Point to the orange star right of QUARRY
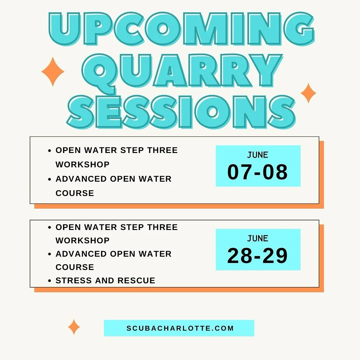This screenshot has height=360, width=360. (x=308, y=93)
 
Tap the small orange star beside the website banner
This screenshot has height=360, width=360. (x=74, y=327)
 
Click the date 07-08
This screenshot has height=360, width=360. (x=258, y=172)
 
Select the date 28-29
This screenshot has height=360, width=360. (x=258, y=256)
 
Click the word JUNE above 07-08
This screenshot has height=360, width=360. (x=258, y=155)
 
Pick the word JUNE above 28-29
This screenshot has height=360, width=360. (x=258, y=238)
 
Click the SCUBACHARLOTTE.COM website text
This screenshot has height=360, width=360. (x=180, y=328)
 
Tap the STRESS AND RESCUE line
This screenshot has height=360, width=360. (x=105, y=281)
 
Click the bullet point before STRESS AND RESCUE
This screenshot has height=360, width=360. (x=50, y=281)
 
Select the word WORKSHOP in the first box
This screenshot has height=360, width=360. (x=82, y=164)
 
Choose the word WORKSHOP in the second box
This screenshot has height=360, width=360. (x=82, y=240)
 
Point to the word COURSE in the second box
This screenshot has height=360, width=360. (x=75, y=267)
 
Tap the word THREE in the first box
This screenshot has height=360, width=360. (x=163, y=150)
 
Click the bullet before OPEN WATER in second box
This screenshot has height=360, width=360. (x=50, y=228)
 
